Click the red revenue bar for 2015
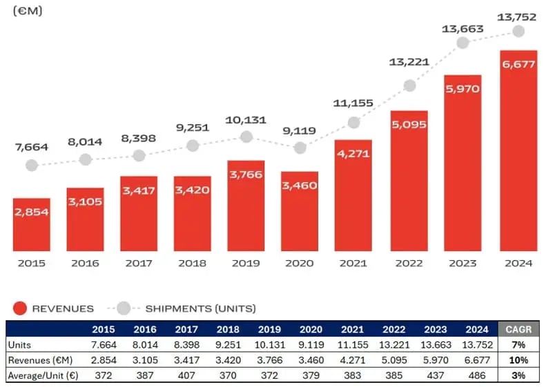[x=32, y=224]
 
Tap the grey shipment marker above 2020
[x=300, y=148]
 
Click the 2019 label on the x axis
[x=246, y=263]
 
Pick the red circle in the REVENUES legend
[x=20, y=308]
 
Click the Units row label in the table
[x=21, y=344]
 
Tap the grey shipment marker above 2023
[x=463, y=43]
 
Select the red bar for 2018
[x=193, y=213]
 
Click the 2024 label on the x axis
[x=518, y=263]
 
